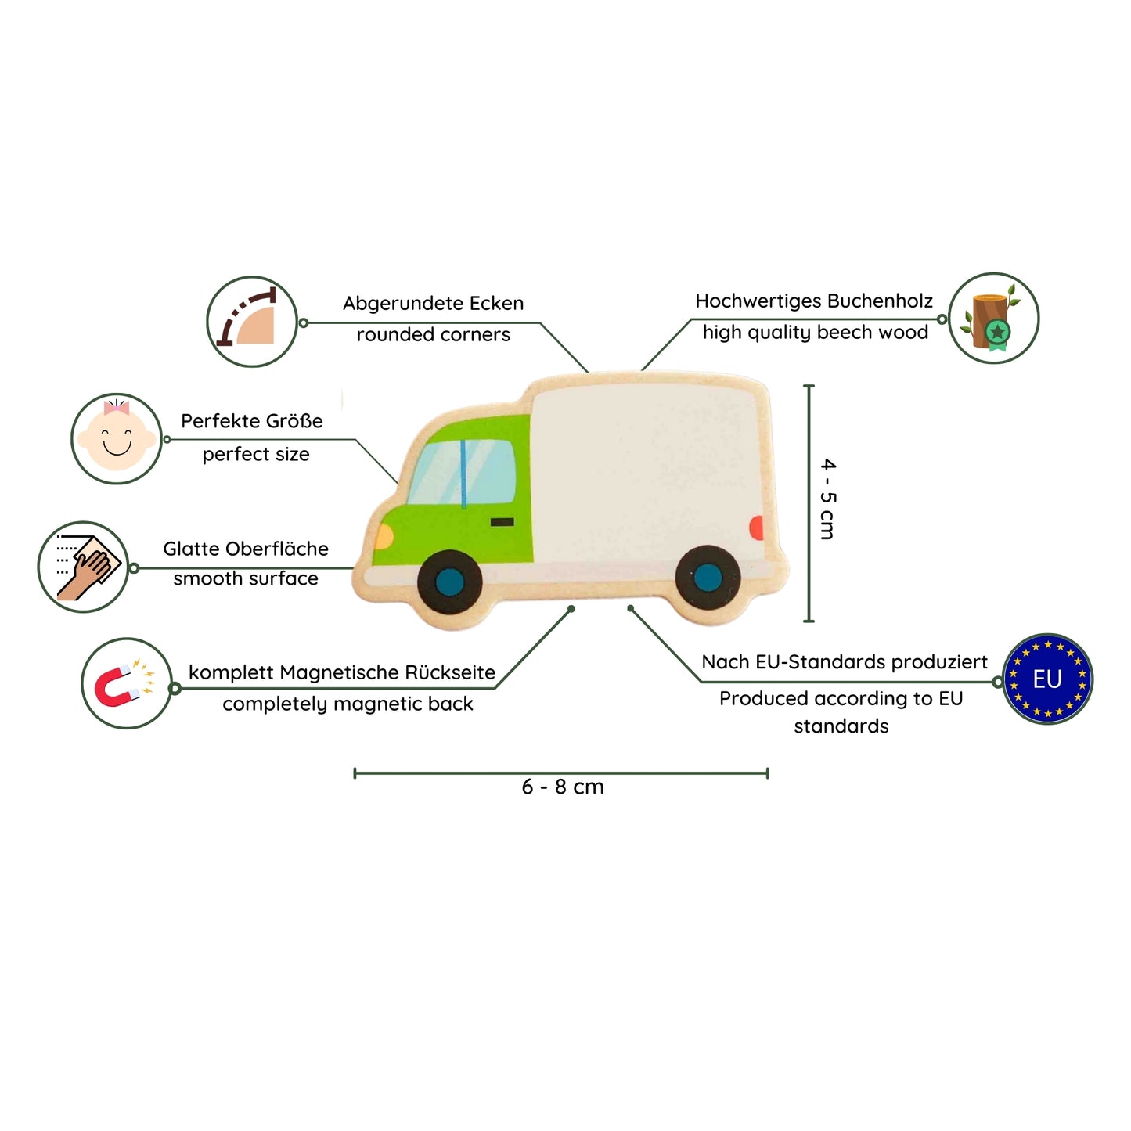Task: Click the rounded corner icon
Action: coord(252,322)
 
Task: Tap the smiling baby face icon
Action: coord(117,438)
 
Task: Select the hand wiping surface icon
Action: coord(84,567)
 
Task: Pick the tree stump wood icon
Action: coord(993,318)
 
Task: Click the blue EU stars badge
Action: coord(1047,679)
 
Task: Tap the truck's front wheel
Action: coord(450,582)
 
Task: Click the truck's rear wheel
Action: coord(708,577)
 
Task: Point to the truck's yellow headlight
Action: coord(384,536)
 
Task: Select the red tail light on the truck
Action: coord(756,528)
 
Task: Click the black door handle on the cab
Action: coord(502,522)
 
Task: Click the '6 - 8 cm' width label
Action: coord(563,787)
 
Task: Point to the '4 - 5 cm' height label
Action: coord(827,499)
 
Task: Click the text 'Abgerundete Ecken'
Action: coord(433,304)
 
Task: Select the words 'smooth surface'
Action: coord(246,578)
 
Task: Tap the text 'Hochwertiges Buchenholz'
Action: coord(814,301)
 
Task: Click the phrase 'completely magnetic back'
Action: coord(348,704)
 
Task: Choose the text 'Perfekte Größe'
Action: coord(252,421)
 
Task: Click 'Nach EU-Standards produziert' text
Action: coord(845,662)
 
